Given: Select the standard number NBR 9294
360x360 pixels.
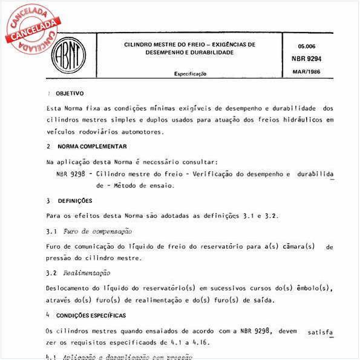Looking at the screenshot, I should [x=310, y=59].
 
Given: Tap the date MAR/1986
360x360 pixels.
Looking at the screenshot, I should [x=310, y=73].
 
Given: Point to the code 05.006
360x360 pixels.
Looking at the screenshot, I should [x=307, y=45].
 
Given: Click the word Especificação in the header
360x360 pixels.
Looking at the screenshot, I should [x=190, y=73].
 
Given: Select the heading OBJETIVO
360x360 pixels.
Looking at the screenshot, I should [x=70, y=94].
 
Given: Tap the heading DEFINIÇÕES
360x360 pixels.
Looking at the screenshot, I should [x=75, y=200].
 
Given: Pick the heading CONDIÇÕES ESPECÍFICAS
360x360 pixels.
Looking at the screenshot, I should [x=91, y=315].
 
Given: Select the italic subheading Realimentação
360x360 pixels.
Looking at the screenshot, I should [x=87, y=273].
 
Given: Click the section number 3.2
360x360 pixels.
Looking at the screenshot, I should [x=51, y=273].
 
